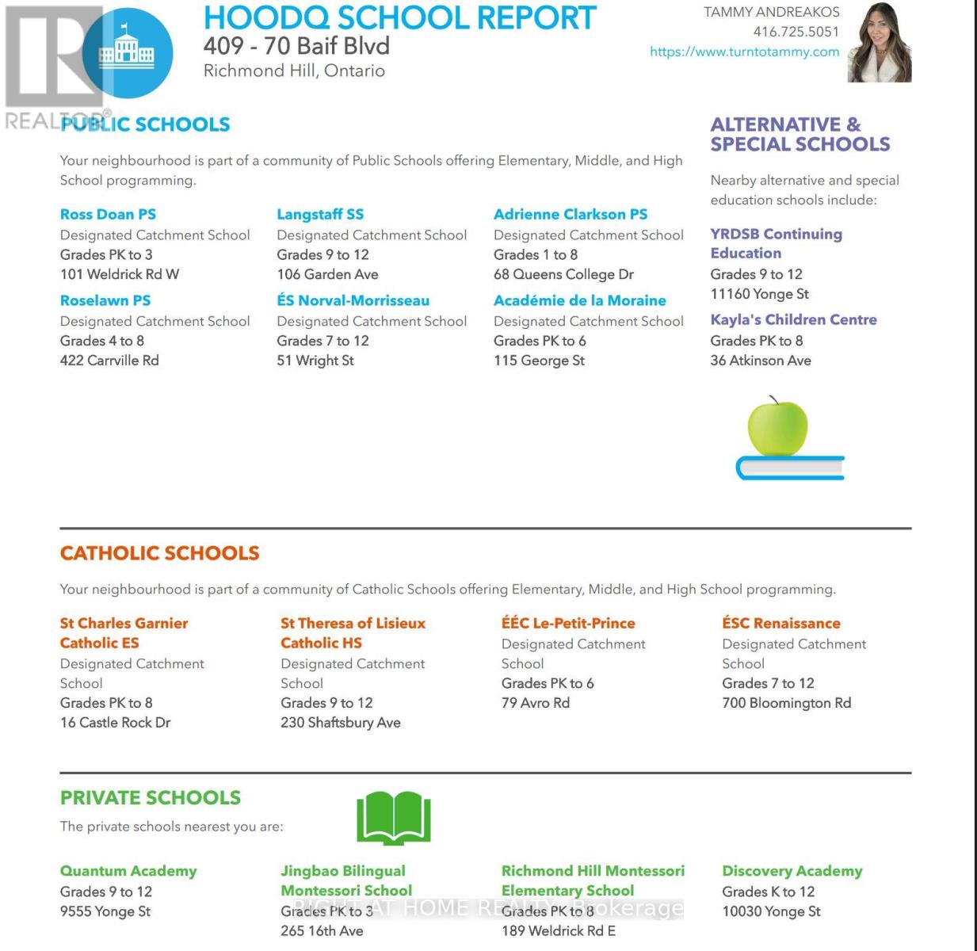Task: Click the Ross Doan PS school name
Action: tap(108, 214)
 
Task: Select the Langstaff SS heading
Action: tap(320, 214)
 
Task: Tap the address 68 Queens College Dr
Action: tap(563, 274)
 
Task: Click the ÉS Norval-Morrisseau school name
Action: tap(353, 300)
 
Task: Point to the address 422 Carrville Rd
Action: tap(109, 361)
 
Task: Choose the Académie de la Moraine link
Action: tap(579, 300)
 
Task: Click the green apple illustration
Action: tap(777, 428)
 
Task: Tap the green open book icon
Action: tap(394, 817)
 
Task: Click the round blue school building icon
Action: tap(128, 52)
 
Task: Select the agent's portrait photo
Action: tap(880, 43)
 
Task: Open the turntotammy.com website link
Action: tap(744, 52)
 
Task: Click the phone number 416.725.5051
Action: tap(796, 32)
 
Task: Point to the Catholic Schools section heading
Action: tap(159, 553)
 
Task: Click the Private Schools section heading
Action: tap(150, 797)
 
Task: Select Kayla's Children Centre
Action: tap(793, 319)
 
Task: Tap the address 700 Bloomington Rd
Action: tap(786, 703)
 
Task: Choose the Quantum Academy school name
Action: tap(128, 871)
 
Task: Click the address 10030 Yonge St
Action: tap(771, 911)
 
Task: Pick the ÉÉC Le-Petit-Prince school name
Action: tap(568, 623)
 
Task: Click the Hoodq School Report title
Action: tap(400, 17)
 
